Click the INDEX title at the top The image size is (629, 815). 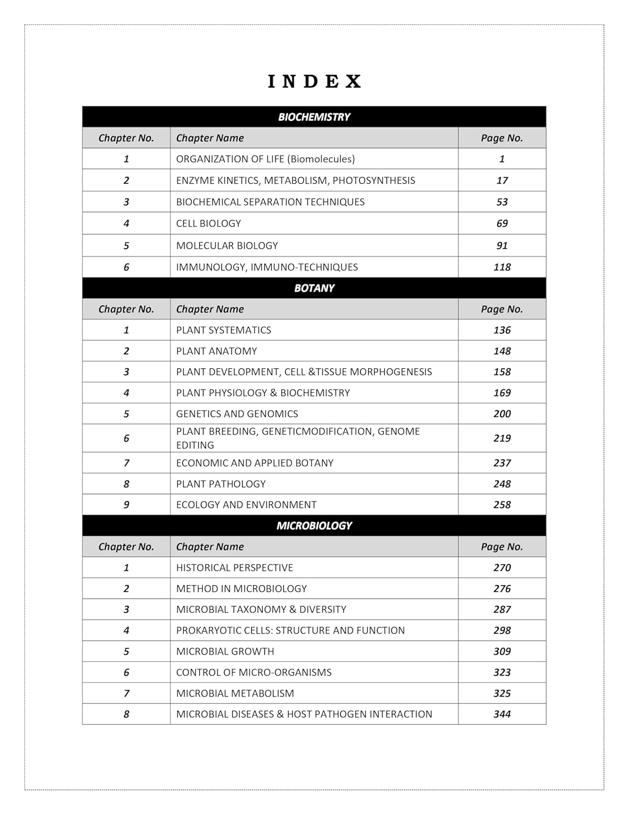click(x=314, y=81)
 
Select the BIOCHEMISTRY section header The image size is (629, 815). click(x=314, y=117)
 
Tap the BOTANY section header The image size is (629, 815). click(x=314, y=288)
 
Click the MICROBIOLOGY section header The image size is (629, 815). click(x=314, y=525)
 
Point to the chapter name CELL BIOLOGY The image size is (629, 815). click(x=208, y=223)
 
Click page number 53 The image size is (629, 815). click(x=502, y=202)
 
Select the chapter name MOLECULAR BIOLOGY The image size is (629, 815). click(x=227, y=246)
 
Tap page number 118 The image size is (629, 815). click(x=502, y=267)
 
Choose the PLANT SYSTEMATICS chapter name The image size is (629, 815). click(x=224, y=330)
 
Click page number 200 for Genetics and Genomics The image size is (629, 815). click(x=502, y=413)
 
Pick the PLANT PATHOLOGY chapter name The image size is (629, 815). click(x=221, y=484)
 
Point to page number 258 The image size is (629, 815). click(x=502, y=505)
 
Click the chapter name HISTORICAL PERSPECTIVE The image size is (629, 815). click(x=234, y=568)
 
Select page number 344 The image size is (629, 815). click(x=502, y=714)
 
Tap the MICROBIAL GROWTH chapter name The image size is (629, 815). click(x=225, y=651)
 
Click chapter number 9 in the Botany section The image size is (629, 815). click(x=126, y=505)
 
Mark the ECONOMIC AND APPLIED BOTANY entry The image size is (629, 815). click(x=255, y=463)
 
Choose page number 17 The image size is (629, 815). click(x=502, y=180)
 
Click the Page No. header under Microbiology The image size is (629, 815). click(x=502, y=547)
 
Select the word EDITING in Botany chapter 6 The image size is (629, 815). click(x=195, y=445)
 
